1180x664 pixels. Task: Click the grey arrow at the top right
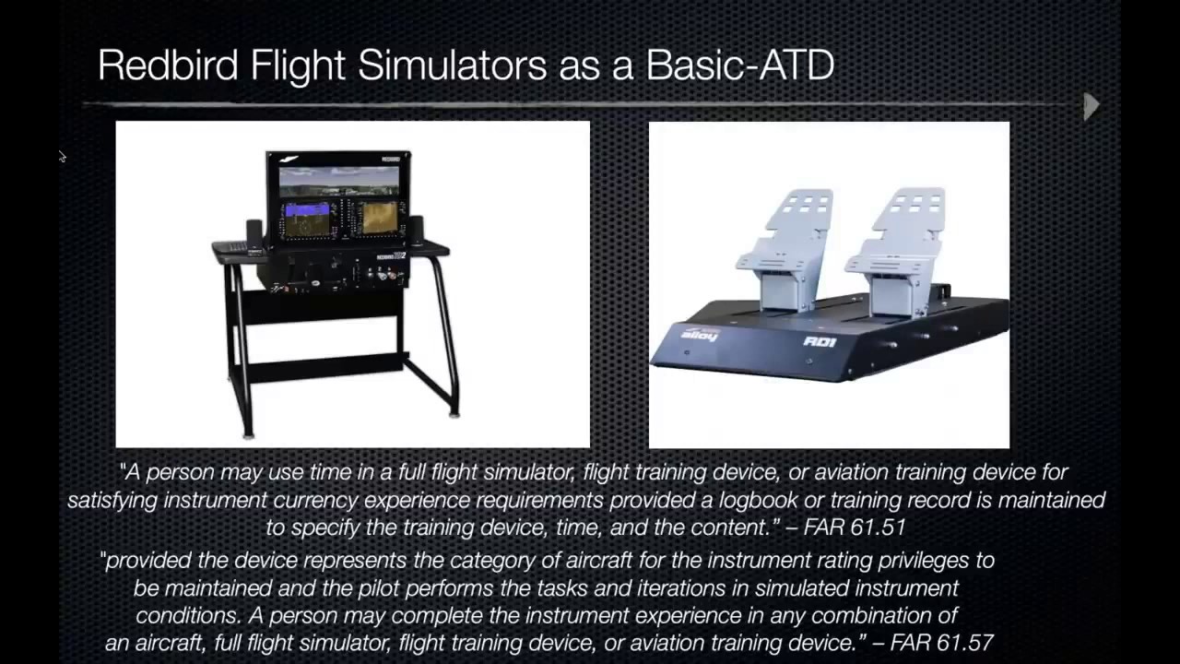1091,106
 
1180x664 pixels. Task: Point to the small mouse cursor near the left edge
62,157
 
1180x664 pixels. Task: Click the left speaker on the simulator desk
254,232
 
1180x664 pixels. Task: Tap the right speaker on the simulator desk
416,230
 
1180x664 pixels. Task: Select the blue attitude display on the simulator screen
307,219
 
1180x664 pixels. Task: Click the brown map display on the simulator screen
378,218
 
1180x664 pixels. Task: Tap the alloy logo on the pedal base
698,334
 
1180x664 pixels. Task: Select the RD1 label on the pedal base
819,341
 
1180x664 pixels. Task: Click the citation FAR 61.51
855,528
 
